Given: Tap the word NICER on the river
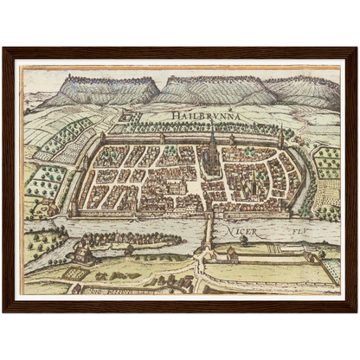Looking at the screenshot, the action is pyautogui.click(x=239, y=231).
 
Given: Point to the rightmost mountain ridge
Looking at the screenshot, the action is pyautogui.click(x=303, y=88).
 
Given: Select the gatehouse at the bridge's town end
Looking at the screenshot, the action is pyautogui.click(x=207, y=210).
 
